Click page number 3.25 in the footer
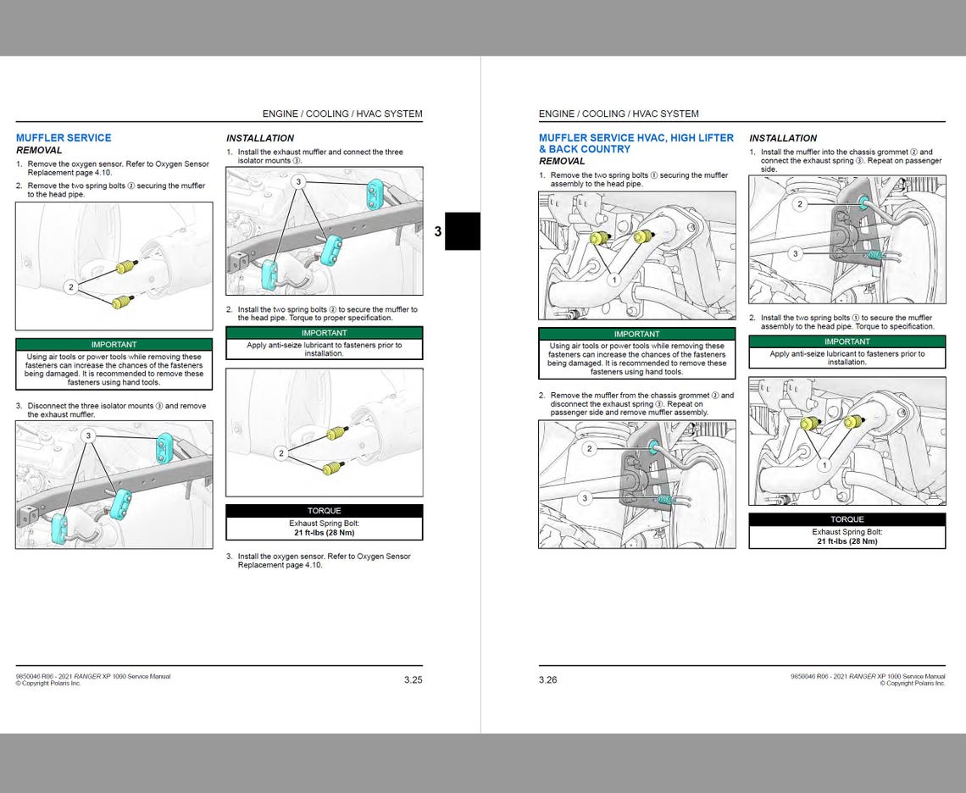tap(413, 679)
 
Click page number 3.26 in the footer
tap(547, 679)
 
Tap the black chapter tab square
tap(463, 230)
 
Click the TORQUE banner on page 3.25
tap(324, 511)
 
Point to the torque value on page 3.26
tap(847, 541)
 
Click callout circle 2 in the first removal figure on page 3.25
tap(71, 287)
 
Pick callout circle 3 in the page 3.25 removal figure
tap(88, 435)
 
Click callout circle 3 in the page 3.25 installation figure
tap(298, 181)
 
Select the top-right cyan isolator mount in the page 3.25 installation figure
tap(375, 194)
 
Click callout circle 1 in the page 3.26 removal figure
tap(613, 280)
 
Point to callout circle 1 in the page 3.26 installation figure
tap(824, 465)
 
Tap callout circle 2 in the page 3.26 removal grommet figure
tap(590, 449)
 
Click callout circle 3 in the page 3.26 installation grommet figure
tap(794, 253)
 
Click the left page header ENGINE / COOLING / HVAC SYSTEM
tap(341, 114)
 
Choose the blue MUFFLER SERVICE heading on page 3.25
tap(64, 137)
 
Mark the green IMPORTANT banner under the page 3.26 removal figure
tap(636, 334)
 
